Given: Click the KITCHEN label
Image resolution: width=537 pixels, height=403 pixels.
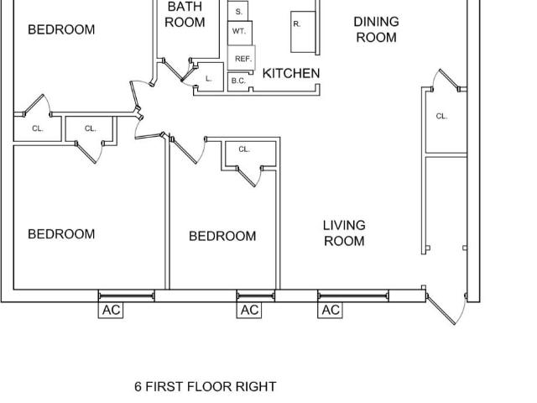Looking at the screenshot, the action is (291, 73).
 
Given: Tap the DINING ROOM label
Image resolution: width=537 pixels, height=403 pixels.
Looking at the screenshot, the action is (377, 29).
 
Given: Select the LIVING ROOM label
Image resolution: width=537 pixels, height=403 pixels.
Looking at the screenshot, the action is (344, 233).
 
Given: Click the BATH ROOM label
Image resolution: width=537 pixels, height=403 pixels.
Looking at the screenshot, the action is (185, 14).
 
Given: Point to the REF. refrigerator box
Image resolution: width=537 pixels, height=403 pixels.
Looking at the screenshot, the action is (242, 58).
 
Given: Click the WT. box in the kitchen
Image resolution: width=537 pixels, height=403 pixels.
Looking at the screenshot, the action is (240, 33).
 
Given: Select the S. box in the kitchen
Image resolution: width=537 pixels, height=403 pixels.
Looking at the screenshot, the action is (237, 11).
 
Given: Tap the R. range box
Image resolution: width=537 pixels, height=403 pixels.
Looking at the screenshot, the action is (303, 32).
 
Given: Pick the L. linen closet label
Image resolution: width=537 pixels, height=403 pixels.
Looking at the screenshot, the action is (209, 78).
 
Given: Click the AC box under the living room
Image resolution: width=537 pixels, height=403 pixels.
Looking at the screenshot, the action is (330, 310).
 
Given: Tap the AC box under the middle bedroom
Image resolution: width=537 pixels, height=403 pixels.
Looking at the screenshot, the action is (249, 310).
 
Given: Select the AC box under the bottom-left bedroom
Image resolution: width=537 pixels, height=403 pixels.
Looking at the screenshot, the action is (111, 310).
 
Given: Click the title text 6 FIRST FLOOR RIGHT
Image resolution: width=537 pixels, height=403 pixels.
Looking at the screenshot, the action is (205, 386).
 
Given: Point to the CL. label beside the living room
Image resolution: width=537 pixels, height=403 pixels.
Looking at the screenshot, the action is (441, 116).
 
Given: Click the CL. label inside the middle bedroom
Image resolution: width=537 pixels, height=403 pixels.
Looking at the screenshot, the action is (244, 149).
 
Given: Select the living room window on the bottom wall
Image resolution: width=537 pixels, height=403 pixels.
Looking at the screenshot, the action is (353, 296).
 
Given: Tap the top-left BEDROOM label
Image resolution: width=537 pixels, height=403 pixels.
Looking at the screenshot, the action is (61, 29).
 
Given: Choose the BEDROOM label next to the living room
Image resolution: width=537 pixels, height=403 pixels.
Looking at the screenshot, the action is (222, 236).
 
